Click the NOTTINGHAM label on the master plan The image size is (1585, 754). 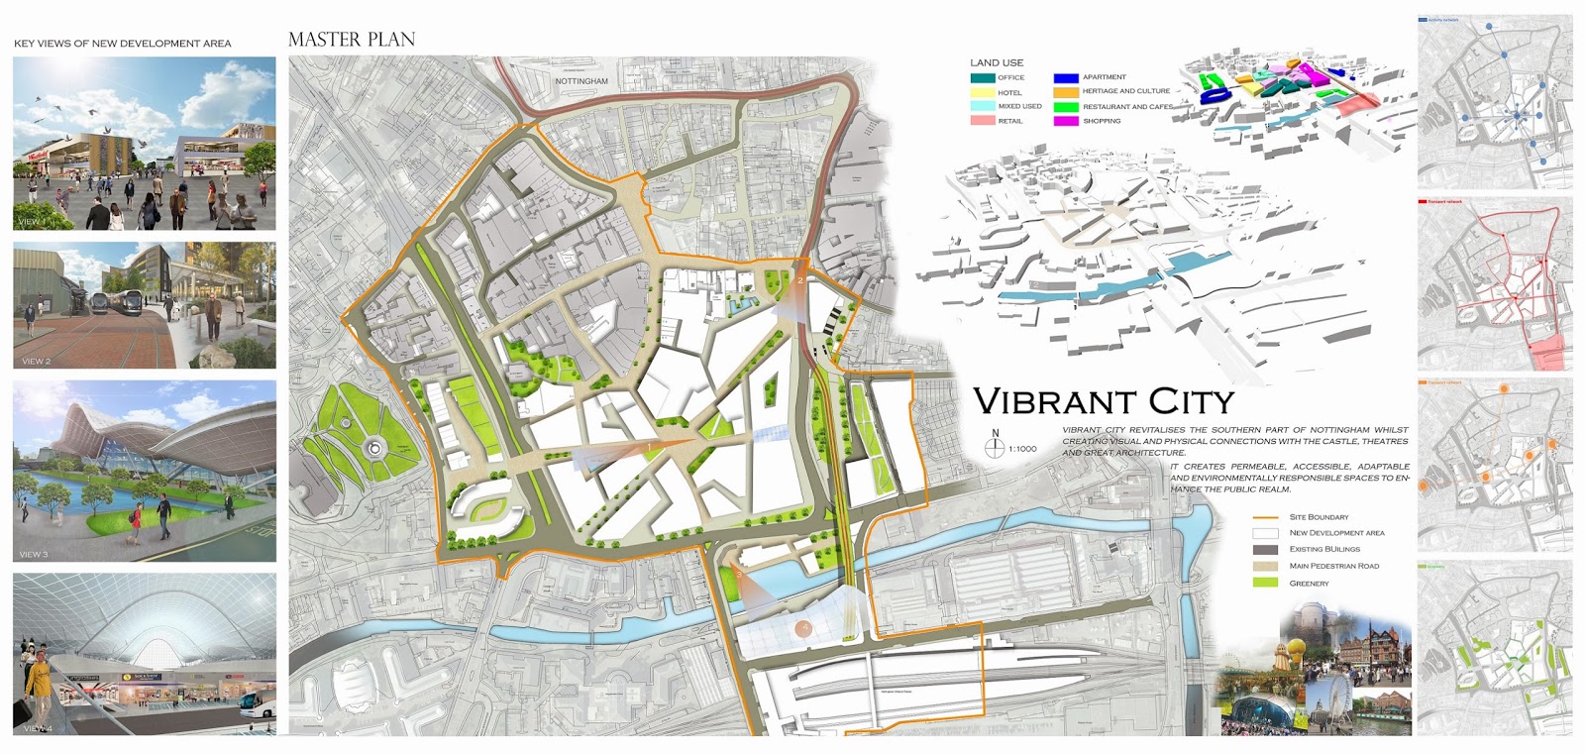[581, 81]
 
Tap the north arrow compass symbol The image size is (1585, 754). [996, 448]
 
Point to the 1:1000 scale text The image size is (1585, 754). [1022, 449]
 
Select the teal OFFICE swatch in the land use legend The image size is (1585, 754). [982, 77]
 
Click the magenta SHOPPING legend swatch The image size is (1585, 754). [1065, 121]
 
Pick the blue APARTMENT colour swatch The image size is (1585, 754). [1065, 77]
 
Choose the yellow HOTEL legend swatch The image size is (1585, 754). [982, 92]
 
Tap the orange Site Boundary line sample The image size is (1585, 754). [1265, 517]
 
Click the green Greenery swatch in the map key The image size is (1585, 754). [1265, 583]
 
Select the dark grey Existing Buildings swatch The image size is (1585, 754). [1265, 549]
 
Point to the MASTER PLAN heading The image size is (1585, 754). [352, 40]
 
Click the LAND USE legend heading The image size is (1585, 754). [997, 62]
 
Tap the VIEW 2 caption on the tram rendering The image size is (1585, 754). [37, 362]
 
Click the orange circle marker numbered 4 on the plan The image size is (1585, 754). [804, 628]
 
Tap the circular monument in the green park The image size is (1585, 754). [374, 449]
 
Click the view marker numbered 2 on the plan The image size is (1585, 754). [800, 281]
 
